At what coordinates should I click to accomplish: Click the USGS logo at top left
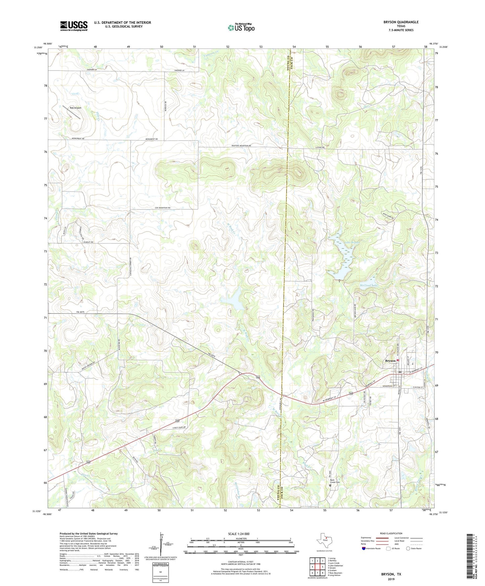pos(74,26)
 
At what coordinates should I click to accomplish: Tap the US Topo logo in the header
pos(241,28)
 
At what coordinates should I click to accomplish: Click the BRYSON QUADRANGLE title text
pos(401,22)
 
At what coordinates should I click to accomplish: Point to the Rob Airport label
pos(76,108)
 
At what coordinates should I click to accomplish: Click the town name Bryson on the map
pos(390,361)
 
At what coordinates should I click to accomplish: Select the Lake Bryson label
pos(352,242)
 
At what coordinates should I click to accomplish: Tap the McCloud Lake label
pos(369,285)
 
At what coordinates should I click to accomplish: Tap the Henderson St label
pos(381,386)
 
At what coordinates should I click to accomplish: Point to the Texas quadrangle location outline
pos(324,541)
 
